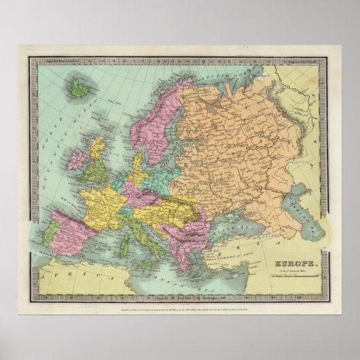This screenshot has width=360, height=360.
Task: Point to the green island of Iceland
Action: click(84, 86)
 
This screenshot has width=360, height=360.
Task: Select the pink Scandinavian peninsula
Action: click(160, 115)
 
